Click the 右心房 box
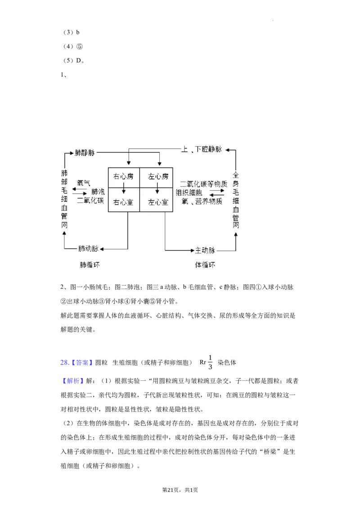124,176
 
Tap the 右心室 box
124,202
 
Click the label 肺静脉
85,152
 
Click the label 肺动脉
88,249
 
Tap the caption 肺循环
89,265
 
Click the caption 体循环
205,265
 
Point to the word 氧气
84,183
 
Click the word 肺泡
98,192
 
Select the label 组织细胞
189,192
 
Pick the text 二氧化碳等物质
204,184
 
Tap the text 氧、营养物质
202,201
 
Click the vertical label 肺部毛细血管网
64,199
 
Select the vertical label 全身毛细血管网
235,199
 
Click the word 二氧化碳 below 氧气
90,201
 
